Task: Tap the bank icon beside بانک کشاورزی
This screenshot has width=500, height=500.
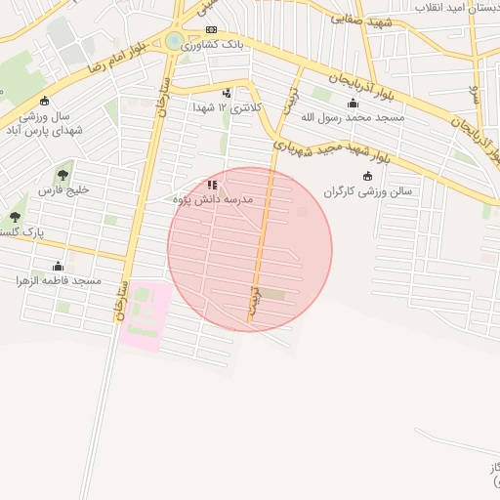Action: tap(211, 30)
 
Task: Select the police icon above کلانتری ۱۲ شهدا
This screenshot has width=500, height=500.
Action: tap(228, 93)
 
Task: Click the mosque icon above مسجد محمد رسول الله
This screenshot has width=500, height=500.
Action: tap(353, 103)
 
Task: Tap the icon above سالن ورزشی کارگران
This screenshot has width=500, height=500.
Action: tap(367, 176)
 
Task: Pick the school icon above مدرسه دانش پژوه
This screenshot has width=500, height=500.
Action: tap(212, 185)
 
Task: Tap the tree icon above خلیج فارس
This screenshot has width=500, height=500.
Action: tap(63, 175)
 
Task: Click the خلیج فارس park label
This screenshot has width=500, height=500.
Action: tap(63, 189)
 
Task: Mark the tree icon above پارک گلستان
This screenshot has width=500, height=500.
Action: tap(15, 216)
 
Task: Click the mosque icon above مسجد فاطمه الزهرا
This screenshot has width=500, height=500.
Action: tap(59, 266)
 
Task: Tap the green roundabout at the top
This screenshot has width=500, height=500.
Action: tap(175, 41)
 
